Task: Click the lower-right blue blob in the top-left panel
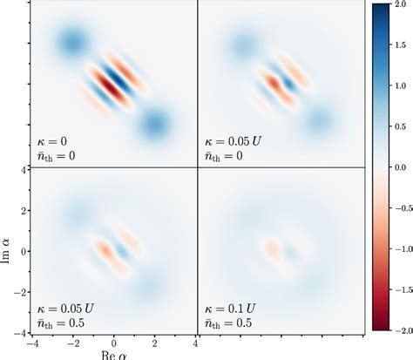pos(155,124)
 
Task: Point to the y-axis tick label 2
pos(26,210)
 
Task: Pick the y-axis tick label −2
pos(23,293)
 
